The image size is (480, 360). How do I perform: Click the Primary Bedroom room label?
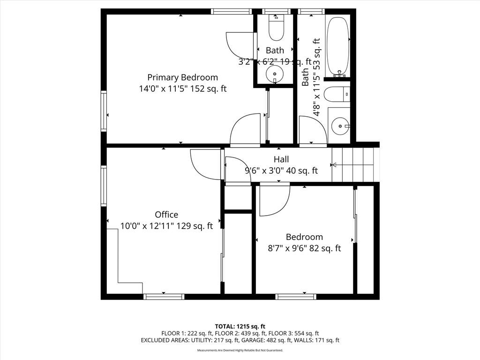tap(182, 77)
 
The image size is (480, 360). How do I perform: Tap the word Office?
tap(166, 215)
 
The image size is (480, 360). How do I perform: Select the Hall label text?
tap(281, 159)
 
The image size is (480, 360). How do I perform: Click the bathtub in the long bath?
tap(338, 44)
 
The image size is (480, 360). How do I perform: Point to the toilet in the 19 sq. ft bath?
tap(276, 28)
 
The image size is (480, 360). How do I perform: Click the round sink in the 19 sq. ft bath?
tap(275, 74)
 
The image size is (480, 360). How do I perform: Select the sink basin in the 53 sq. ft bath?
tap(341, 126)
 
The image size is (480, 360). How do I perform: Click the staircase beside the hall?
tap(355, 165)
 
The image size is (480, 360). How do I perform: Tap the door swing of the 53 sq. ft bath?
tap(313, 130)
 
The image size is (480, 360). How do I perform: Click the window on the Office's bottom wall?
tap(164, 297)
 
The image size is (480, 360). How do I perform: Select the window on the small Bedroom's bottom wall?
tap(296, 297)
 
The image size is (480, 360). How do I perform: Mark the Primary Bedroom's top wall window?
tap(232, 11)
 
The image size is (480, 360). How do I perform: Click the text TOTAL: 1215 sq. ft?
tap(240, 326)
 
